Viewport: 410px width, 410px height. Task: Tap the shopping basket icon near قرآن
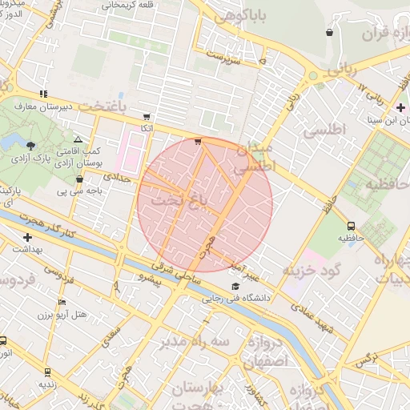[x=330, y=32]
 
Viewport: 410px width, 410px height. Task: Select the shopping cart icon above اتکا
[x=146, y=115]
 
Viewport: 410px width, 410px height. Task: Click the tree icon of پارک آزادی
[x=30, y=145]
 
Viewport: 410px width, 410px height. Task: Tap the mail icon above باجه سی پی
[x=79, y=179]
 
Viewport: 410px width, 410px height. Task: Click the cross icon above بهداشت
[x=28, y=237]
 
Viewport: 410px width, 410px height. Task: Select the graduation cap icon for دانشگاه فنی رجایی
[x=235, y=287]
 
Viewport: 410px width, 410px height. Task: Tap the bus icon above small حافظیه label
[x=351, y=226]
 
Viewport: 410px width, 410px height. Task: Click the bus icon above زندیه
[x=47, y=372]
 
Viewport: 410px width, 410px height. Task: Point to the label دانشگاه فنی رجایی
[x=239, y=299]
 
